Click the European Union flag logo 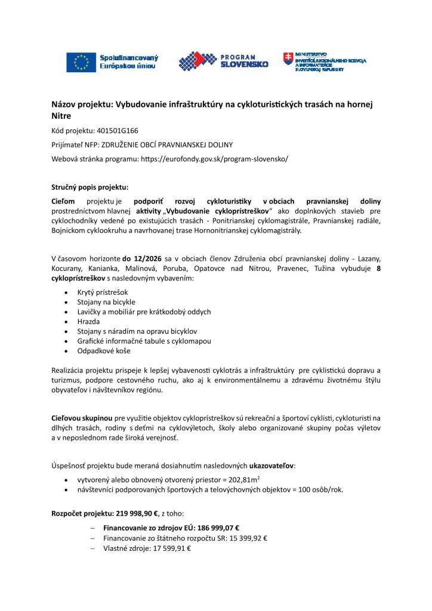point(80,62)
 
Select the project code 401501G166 point(118,130)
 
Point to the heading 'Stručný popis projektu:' point(90,187)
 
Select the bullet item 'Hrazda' point(89,321)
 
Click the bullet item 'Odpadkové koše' point(103,350)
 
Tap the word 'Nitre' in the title point(61,116)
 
